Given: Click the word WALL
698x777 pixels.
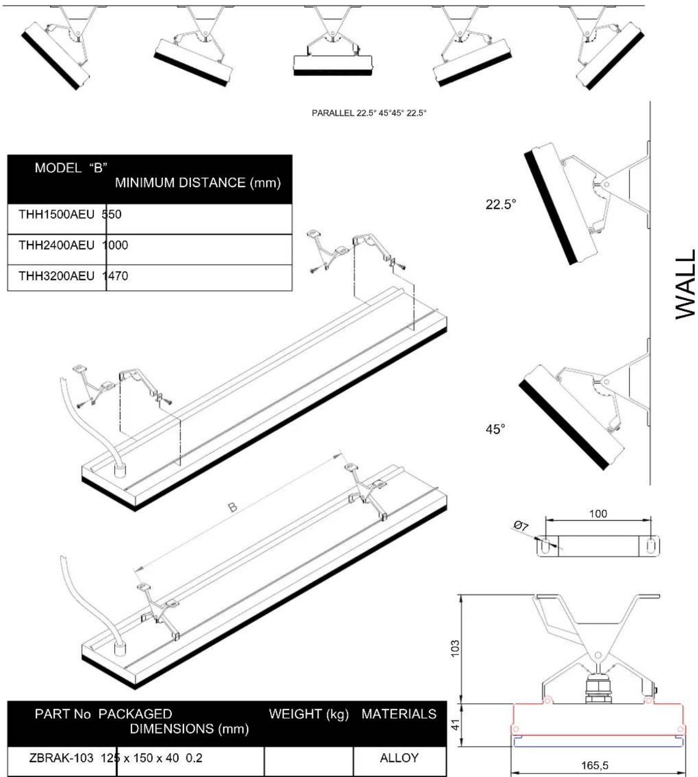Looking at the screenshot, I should click(x=685, y=284).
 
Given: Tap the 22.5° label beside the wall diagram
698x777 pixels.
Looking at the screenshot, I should click(x=500, y=204).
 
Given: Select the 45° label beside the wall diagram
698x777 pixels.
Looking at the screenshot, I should click(x=495, y=429).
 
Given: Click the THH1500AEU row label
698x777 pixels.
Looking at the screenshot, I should click(x=56, y=215).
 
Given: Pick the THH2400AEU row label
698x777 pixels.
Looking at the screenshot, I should click(x=56, y=245).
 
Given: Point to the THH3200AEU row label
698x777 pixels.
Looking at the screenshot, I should click(x=56, y=276).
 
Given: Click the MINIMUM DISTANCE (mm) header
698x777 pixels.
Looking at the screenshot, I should click(x=198, y=183).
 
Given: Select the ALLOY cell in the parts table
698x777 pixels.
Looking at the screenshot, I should click(x=399, y=758).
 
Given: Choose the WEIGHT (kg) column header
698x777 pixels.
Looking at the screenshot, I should click(x=309, y=714).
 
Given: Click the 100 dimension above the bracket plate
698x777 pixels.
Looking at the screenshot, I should click(x=598, y=514).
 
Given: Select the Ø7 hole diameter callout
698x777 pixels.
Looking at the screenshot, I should click(x=521, y=526).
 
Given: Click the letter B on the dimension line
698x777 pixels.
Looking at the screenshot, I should click(x=233, y=507).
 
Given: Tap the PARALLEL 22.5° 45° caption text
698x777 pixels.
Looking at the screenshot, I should click(x=369, y=113).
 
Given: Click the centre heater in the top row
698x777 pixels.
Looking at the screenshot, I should click(x=333, y=64).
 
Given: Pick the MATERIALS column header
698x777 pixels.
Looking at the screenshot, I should click(x=399, y=714).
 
